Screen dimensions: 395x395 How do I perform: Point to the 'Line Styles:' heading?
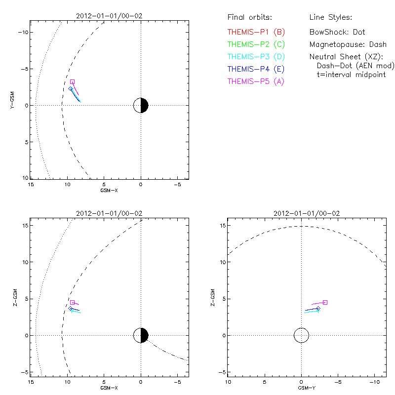(330, 17)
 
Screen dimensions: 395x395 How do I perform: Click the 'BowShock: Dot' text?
(337, 32)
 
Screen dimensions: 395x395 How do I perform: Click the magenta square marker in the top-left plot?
(72, 82)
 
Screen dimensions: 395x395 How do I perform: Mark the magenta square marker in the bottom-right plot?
(325, 302)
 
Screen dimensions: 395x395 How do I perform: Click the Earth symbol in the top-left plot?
(141, 105)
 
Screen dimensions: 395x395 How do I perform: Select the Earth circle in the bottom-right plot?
(301, 336)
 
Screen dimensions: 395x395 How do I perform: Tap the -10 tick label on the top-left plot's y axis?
(23, 32)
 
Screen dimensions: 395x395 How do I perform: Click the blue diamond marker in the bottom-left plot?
(71, 308)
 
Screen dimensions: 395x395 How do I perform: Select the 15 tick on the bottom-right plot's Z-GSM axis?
(223, 226)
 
